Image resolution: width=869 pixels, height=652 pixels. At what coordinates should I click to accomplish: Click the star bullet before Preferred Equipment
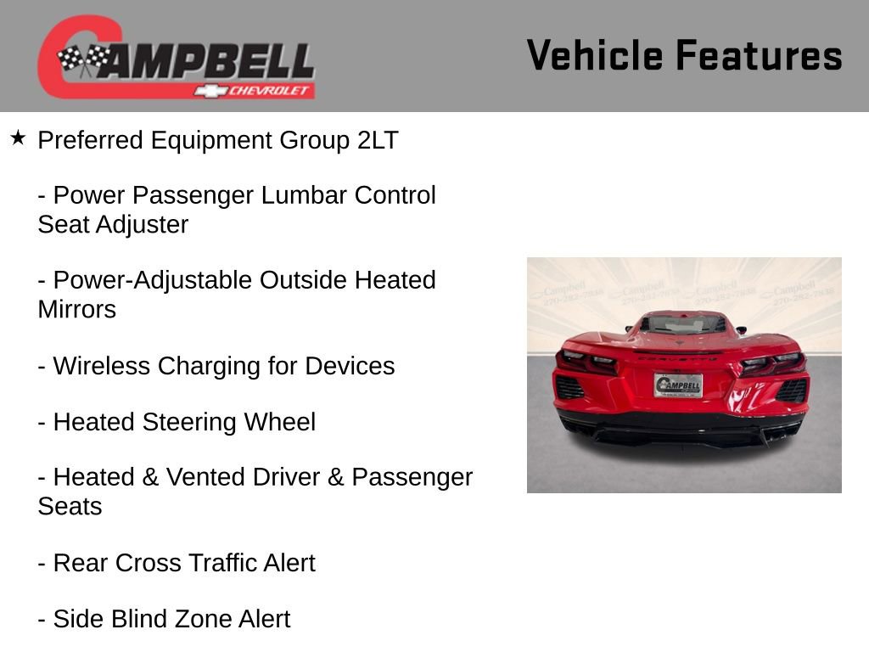[18, 138]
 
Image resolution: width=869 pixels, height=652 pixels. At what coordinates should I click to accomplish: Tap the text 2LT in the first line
[377, 140]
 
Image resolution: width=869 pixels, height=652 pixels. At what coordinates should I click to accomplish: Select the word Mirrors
[77, 309]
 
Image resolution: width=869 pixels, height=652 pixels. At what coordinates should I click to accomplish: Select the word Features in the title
[759, 55]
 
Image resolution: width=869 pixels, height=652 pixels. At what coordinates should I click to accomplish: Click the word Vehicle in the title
[595, 55]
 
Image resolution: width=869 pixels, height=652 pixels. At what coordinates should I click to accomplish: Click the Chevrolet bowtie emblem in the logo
[206, 91]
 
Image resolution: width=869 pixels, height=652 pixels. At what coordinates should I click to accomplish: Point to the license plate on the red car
[678, 385]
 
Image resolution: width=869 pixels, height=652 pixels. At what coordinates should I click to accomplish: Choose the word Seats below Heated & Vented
[70, 506]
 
